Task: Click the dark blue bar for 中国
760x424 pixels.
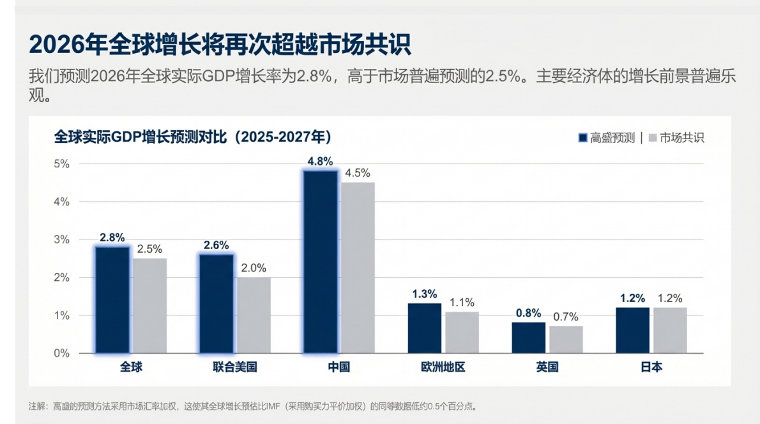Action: (x=320, y=261)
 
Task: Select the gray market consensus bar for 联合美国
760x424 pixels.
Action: (x=254, y=315)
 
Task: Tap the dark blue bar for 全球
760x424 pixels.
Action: (x=112, y=299)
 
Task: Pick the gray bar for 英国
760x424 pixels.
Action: (x=566, y=340)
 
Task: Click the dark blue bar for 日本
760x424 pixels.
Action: (x=632, y=330)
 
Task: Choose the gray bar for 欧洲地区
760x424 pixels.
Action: (x=462, y=332)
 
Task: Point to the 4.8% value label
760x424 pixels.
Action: (x=320, y=162)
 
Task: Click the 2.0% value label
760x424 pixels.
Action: (x=254, y=268)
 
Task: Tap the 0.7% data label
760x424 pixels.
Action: (x=566, y=317)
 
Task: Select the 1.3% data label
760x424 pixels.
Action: (x=425, y=294)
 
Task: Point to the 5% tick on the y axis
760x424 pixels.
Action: (x=61, y=163)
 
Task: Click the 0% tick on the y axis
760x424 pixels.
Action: (x=61, y=353)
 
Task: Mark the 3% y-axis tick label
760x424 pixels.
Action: (x=61, y=239)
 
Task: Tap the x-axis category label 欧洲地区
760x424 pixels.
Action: (x=443, y=367)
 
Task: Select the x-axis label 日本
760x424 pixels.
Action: (x=651, y=367)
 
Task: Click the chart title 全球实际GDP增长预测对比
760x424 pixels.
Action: (x=192, y=137)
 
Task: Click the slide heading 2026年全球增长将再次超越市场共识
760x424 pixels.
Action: (x=219, y=45)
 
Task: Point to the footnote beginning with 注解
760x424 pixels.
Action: (x=252, y=406)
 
